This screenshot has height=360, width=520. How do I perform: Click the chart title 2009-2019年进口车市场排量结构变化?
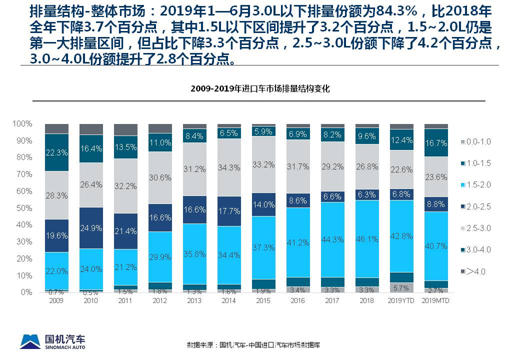click(260, 89)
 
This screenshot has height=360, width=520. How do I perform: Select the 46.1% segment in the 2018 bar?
click(366, 239)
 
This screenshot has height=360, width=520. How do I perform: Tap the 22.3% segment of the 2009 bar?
click(56, 152)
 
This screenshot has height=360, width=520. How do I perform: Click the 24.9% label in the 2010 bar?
click(91, 228)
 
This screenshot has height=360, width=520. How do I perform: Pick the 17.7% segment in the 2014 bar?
click(229, 211)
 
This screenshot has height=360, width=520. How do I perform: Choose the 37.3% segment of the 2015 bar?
click(263, 247)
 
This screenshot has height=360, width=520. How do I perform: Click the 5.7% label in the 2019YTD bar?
click(401, 288)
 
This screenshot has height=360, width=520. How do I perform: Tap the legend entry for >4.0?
click(474, 271)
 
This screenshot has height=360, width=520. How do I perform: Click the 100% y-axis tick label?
click(22, 123)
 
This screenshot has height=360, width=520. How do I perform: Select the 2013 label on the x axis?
click(194, 300)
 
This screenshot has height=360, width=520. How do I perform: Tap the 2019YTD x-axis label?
click(401, 300)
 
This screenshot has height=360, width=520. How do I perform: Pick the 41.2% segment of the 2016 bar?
click(298, 242)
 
